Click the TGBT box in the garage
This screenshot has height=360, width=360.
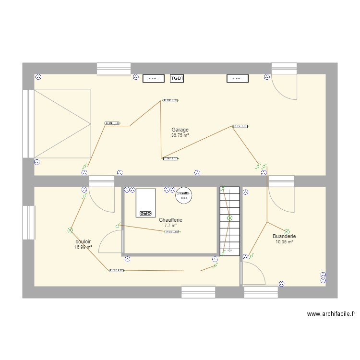178,78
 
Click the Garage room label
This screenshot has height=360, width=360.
180,130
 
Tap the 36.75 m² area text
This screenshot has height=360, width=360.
180,135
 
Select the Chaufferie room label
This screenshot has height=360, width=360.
170,220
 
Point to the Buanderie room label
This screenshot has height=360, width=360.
284,236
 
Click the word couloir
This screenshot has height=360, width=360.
83,241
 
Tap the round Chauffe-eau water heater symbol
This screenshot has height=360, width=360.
183,193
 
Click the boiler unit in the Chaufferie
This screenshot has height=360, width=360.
146,203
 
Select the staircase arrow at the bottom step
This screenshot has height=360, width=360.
229,250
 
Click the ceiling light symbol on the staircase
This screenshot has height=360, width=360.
229,218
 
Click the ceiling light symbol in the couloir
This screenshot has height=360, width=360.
70,230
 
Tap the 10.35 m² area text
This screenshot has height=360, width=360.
284,242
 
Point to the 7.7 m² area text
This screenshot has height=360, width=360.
170,226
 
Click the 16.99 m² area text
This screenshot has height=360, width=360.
83,247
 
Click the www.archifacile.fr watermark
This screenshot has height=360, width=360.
331,314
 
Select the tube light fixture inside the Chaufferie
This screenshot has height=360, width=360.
172,232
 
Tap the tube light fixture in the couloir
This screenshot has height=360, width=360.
116,270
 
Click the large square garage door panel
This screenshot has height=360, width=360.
62,124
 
